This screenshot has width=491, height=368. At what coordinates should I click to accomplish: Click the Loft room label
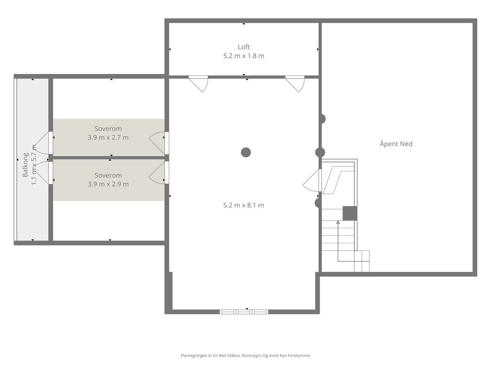[x=244, y=47]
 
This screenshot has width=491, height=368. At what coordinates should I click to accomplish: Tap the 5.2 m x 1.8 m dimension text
[x=244, y=56]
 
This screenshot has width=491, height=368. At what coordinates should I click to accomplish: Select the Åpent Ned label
[x=396, y=143]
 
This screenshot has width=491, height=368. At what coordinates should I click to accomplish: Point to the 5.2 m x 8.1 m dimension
[x=244, y=205]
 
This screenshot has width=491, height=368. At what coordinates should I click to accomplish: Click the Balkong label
[x=25, y=165]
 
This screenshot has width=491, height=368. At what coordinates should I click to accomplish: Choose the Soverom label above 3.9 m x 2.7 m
[x=108, y=129]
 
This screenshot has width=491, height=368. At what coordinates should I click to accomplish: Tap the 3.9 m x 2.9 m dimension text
[x=108, y=184]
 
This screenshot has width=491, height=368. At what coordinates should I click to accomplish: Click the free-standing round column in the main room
[x=246, y=152]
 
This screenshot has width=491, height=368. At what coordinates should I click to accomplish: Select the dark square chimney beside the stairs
[x=350, y=213]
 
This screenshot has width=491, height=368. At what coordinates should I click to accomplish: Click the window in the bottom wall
[x=244, y=312]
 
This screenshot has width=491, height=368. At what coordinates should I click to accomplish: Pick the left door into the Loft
[x=199, y=84]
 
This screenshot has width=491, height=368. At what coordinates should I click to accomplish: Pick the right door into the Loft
[x=295, y=84]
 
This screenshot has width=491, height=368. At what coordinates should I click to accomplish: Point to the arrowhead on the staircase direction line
[x=338, y=222]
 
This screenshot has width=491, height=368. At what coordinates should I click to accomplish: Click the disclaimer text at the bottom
[x=245, y=355]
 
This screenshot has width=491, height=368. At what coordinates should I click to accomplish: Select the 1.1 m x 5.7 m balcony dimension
[x=33, y=165]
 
